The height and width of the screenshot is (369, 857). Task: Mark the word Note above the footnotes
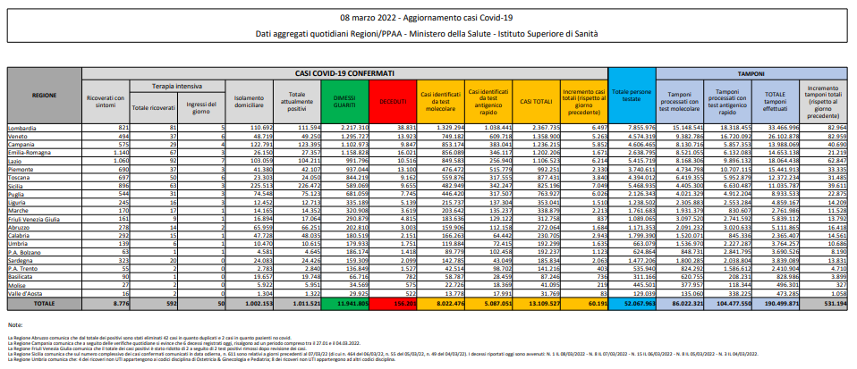click(15, 325)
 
